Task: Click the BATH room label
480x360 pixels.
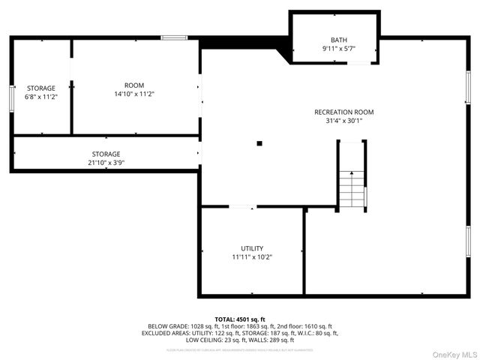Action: tap(339, 40)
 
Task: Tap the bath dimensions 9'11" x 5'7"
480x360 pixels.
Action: tap(339, 49)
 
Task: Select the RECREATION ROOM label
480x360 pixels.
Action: tap(343, 112)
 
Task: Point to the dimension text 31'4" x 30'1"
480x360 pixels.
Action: tap(343, 121)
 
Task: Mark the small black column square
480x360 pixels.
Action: tap(259, 142)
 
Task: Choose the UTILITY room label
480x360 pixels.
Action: tap(252, 248)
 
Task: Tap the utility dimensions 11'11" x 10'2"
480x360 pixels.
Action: tap(252, 257)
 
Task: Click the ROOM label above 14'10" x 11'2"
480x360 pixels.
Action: tap(134, 85)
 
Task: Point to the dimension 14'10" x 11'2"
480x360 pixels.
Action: tap(134, 94)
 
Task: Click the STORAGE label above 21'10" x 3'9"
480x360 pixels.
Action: tap(106, 153)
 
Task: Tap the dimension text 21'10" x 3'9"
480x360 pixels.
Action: tap(106, 162)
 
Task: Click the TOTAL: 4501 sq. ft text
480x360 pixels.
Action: tap(240, 319)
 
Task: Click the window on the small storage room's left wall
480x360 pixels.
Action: tap(11, 97)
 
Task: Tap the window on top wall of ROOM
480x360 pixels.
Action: tap(174, 37)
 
